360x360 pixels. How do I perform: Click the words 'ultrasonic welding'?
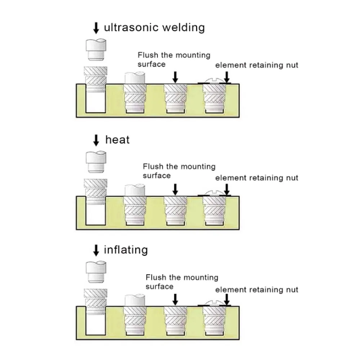tap(154, 27)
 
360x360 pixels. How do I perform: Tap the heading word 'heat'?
tap(117, 140)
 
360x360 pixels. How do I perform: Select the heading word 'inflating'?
tap(126, 250)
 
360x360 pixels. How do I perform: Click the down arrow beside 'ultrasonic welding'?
tap(96, 28)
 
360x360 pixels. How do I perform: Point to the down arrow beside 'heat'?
tap(96, 140)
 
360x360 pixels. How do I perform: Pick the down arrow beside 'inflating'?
tap(96, 250)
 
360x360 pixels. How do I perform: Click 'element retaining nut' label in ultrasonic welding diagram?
tap(257, 65)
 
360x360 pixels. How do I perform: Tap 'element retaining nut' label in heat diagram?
tap(257, 178)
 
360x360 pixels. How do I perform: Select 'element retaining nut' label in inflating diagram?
tap(257, 290)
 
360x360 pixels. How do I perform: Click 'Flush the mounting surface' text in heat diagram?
tap(179, 171)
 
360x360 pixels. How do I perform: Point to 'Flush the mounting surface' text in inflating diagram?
tap(182, 282)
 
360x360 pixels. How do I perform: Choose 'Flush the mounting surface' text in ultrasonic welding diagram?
tap(174, 60)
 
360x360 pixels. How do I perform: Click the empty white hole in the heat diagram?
tap(96, 215)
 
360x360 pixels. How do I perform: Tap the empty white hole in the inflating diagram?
tap(96, 324)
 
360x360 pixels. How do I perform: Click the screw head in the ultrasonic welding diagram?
tap(214, 81)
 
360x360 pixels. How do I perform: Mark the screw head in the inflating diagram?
tap(214, 303)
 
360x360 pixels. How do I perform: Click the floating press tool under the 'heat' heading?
tap(96, 162)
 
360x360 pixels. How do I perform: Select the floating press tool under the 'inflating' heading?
tap(96, 272)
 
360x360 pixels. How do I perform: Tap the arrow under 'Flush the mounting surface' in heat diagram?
tap(175, 189)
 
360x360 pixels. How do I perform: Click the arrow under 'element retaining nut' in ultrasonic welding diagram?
tap(227, 77)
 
